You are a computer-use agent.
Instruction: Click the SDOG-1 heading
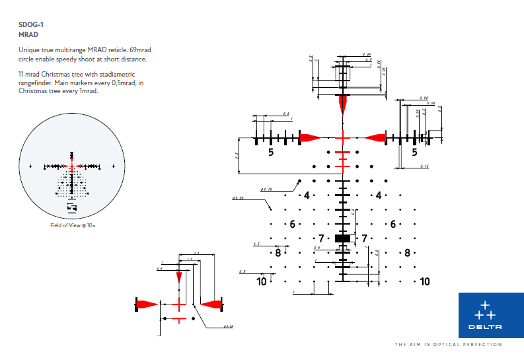pyautogui.click(x=31, y=24)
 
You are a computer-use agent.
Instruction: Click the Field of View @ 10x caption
pyautogui.click(x=73, y=226)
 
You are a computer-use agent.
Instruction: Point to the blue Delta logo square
pyautogui.click(x=491, y=315)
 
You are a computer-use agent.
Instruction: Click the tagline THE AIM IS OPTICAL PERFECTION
pyautogui.click(x=448, y=345)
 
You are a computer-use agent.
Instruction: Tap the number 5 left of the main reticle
pyautogui.click(x=270, y=152)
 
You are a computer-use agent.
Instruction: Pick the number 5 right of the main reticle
pyautogui.click(x=414, y=152)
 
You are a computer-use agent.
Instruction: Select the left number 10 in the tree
pyautogui.click(x=262, y=281)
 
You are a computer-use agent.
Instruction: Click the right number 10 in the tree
pyautogui.click(x=424, y=281)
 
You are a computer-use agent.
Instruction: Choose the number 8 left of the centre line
pyautogui.click(x=278, y=252)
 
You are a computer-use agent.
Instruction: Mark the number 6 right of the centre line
pyautogui.click(x=393, y=224)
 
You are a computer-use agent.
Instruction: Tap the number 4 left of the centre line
pyautogui.click(x=307, y=195)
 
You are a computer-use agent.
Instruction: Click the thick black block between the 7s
pyautogui.click(x=342, y=238)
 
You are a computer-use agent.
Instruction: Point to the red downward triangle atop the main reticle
pyautogui.click(x=342, y=104)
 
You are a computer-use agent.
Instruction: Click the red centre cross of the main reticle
pyautogui.click(x=342, y=137)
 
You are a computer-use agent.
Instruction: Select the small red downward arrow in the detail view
pyautogui.click(x=178, y=277)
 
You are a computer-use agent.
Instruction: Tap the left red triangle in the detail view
pyautogui.click(x=147, y=304)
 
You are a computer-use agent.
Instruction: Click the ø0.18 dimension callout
pyautogui.click(x=266, y=190)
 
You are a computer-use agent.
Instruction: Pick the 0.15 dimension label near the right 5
pyautogui.click(x=425, y=166)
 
